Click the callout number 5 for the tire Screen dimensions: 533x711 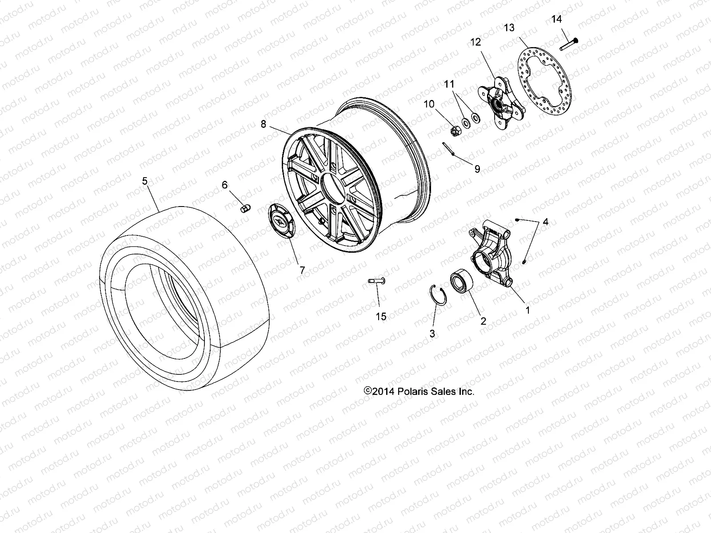[144, 181]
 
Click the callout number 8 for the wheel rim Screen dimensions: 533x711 [264, 124]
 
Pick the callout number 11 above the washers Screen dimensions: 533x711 [450, 84]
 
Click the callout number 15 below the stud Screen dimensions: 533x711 [381, 317]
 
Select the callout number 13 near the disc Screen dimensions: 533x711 [509, 28]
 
